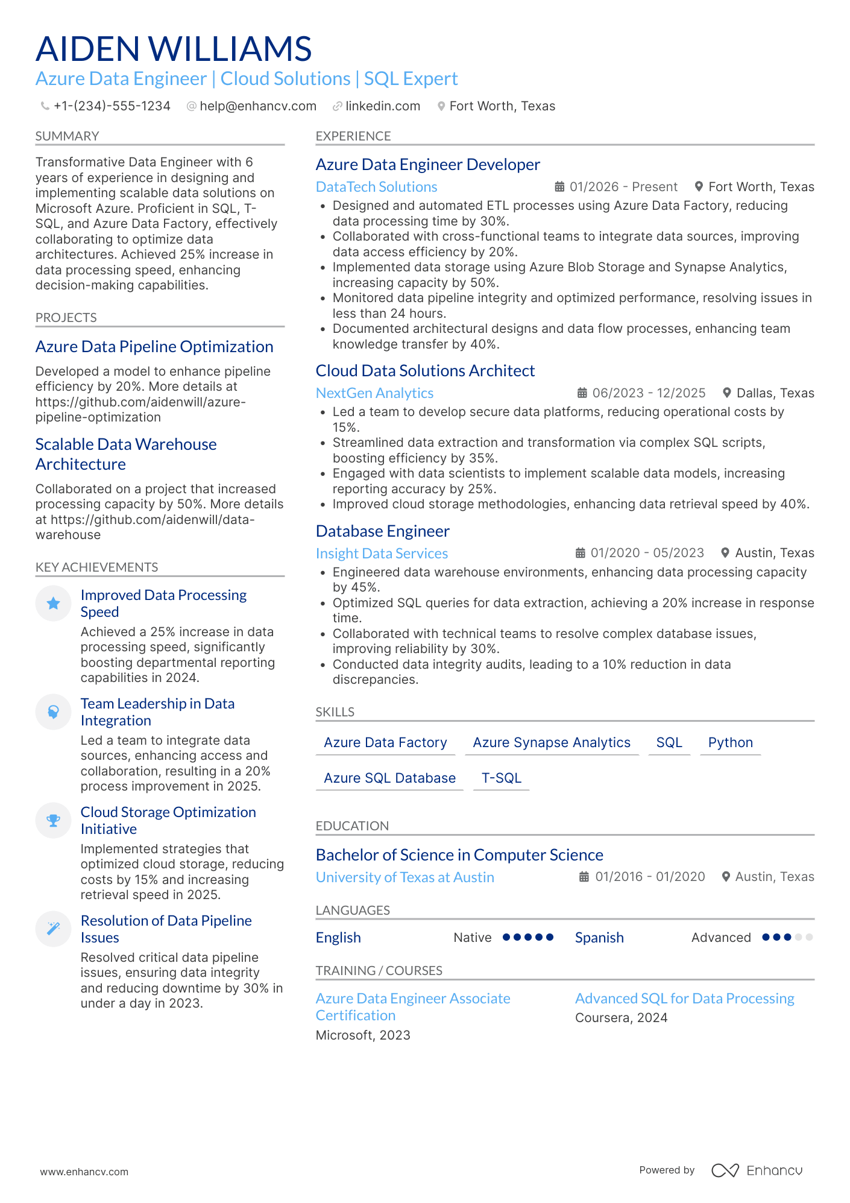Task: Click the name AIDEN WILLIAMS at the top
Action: (174, 49)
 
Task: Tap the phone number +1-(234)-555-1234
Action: (112, 106)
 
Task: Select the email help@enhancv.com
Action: (257, 106)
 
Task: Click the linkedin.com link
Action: (382, 106)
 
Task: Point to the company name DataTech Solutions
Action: (376, 187)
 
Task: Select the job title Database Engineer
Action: (382, 531)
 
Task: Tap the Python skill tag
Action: (730, 742)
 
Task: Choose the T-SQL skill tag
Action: (501, 778)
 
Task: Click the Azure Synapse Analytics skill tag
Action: (551, 742)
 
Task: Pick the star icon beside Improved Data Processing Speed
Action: (54, 603)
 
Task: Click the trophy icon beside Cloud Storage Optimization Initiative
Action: (54, 820)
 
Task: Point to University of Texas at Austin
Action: (405, 877)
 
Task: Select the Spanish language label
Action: (599, 938)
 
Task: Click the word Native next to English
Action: (472, 938)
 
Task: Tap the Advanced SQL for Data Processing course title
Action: (684, 999)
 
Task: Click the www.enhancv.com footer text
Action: (84, 1172)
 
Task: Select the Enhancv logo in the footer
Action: (757, 1170)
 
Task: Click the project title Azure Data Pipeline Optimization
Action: (154, 347)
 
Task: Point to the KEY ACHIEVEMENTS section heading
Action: (96, 567)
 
